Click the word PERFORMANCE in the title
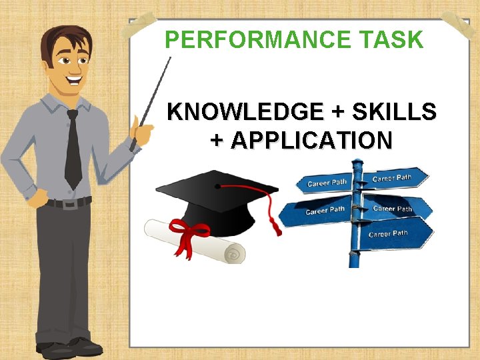click(x=252, y=40)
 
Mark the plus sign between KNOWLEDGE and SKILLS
click(x=350, y=111)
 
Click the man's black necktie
click(x=73, y=150)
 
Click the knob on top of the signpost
click(x=357, y=163)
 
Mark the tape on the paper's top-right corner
click(x=460, y=23)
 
